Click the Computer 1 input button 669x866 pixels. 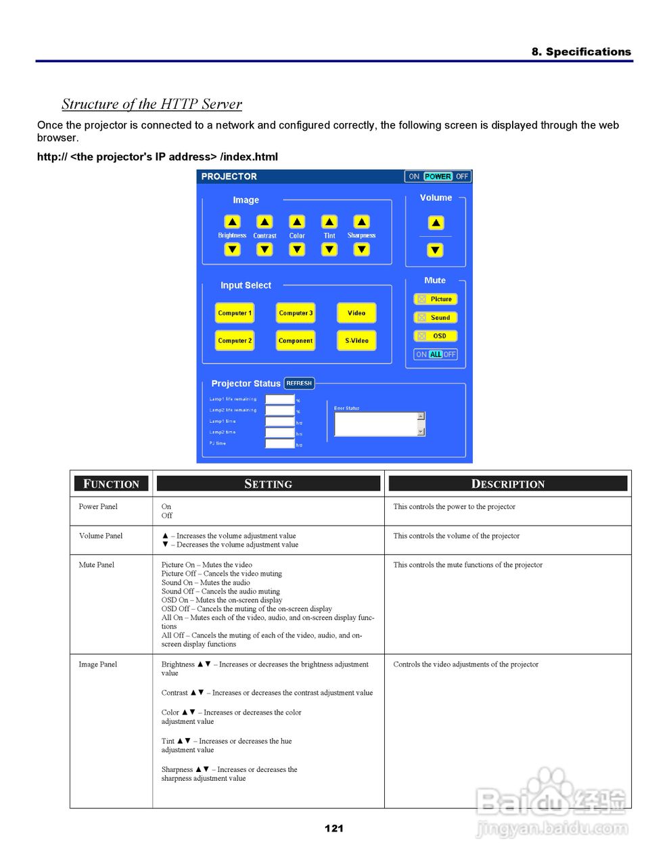pyautogui.click(x=235, y=313)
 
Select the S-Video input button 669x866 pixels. pyautogui.click(x=356, y=341)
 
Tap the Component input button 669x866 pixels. pyautogui.click(x=296, y=341)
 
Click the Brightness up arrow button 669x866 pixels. pyautogui.click(x=232, y=222)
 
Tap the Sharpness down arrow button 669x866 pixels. pyautogui.click(x=362, y=250)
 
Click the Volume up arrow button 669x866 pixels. pyautogui.click(x=436, y=223)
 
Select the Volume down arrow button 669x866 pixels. pyautogui.click(x=436, y=250)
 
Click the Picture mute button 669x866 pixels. pyautogui.click(x=436, y=299)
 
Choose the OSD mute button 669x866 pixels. pyautogui.click(x=436, y=336)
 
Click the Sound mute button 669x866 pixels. pyautogui.click(x=436, y=317)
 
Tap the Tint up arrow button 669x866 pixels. pyautogui.click(x=329, y=222)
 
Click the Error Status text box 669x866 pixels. pyautogui.click(x=375, y=424)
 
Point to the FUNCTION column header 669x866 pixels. pyautogui.click(x=111, y=484)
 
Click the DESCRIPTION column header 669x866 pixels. pyautogui.click(x=507, y=484)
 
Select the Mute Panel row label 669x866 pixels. pyautogui.click(x=97, y=565)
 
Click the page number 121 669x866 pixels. pyautogui.click(x=334, y=828)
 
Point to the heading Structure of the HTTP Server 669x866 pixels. pyautogui.click(x=152, y=104)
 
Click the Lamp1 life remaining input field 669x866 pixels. pyautogui.click(x=279, y=400)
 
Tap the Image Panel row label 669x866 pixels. pyautogui.click(x=98, y=664)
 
